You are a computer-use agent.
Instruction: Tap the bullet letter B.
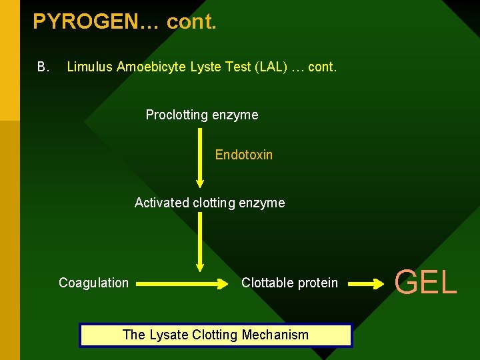click(x=43, y=67)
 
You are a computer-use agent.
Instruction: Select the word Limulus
click(x=90, y=67)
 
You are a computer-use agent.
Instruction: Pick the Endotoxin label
click(x=243, y=155)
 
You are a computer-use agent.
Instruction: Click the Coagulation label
click(x=93, y=283)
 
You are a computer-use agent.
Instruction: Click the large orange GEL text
click(x=425, y=282)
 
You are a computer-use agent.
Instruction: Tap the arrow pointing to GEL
click(x=367, y=283)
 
